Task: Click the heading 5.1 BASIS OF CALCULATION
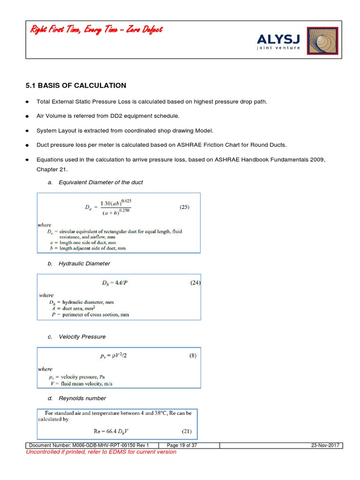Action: click(x=75, y=85)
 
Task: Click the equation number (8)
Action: click(x=193, y=355)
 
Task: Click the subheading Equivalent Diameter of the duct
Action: click(x=100, y=182)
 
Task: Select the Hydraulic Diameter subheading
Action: click(x=84, y=264)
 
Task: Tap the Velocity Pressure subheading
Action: click(x=82, y=337)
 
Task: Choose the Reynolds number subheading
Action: click(x=82, y=398)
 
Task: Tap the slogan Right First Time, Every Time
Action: click(x=97, y=30)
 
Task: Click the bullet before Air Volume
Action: click(x=28, y=116)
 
